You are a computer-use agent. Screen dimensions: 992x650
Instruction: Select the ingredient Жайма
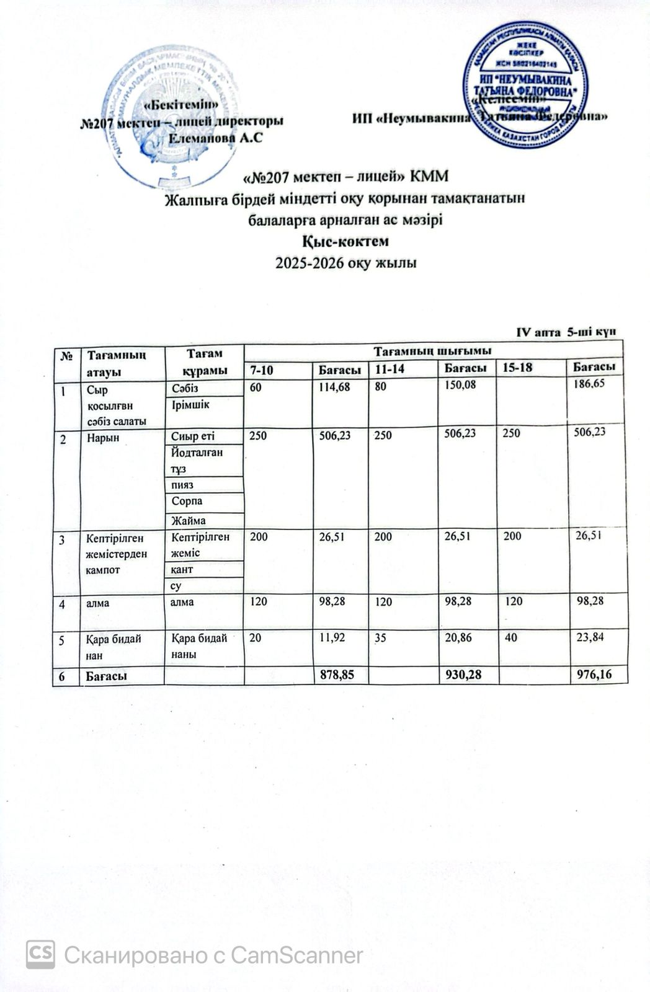tap(189, 520)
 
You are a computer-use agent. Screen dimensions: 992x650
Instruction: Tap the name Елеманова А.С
tap(216, 138)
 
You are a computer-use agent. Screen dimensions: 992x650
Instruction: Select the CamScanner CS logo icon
tap(40, 954)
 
